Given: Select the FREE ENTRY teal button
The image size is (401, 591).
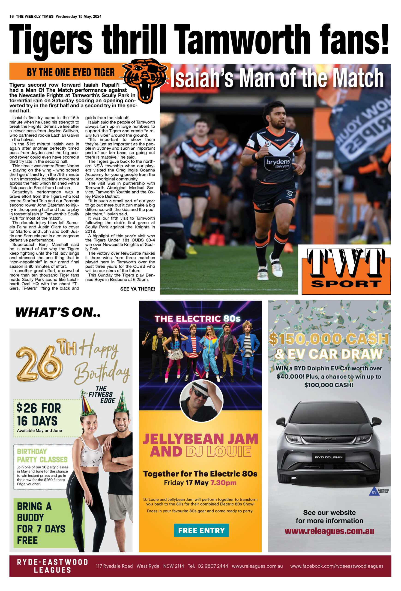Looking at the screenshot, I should pos(201,530).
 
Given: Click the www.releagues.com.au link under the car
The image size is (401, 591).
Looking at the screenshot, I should pos(329,531).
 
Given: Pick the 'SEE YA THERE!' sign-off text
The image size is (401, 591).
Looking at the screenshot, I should pos(138,289).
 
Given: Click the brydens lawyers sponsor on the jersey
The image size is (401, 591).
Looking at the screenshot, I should pos(278,163).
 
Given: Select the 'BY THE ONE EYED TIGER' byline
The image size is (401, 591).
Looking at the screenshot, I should pos(71,72).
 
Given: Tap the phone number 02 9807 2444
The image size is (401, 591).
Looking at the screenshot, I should pos(213,566).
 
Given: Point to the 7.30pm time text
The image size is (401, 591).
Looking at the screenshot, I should pos(223,482).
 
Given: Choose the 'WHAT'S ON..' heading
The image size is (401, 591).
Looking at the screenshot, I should pos(58,312).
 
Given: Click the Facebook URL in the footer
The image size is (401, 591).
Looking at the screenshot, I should pos(337,566).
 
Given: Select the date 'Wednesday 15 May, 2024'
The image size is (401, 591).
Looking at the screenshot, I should pos(78,17).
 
